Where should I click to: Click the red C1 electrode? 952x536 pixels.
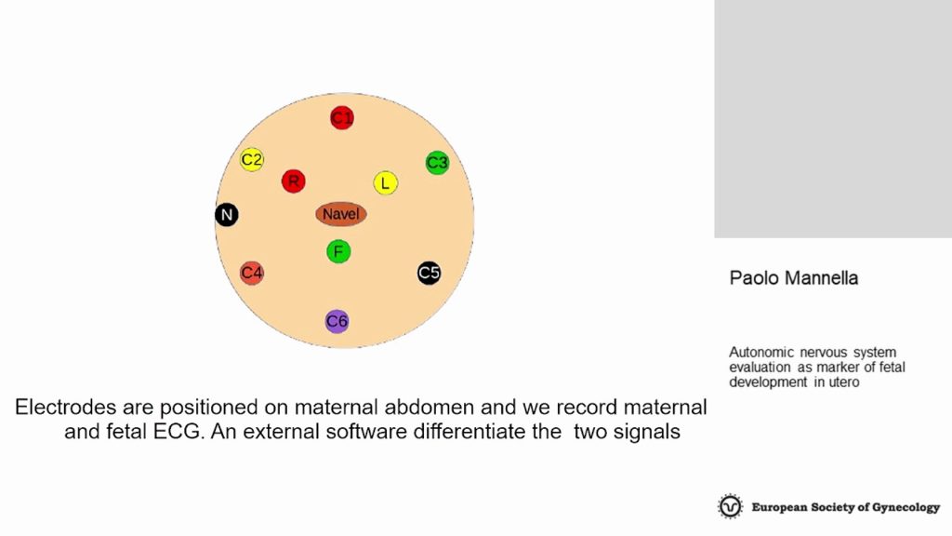point(342,117)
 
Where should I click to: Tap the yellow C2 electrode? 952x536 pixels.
point(251,160)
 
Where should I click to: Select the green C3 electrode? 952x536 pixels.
point(437,163)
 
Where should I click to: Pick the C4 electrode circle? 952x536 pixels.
point(251,274)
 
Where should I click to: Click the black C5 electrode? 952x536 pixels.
point(429,273)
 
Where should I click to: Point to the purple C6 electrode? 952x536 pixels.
point(337,321)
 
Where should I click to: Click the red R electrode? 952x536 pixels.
point(293,181)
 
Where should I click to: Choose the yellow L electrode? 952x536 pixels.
point(386,183)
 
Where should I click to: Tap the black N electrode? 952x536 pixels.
point(227,215)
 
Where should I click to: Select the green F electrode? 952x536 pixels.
point(338,251)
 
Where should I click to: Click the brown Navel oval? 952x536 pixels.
point(341,214)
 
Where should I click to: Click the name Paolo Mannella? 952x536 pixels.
point(794,277)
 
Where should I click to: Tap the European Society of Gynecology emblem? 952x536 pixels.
point(730,506)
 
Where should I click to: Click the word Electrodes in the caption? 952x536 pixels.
point(66,407)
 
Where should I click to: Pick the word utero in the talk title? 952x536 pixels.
point(844,382)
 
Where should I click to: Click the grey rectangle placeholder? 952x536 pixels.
point(833,118)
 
